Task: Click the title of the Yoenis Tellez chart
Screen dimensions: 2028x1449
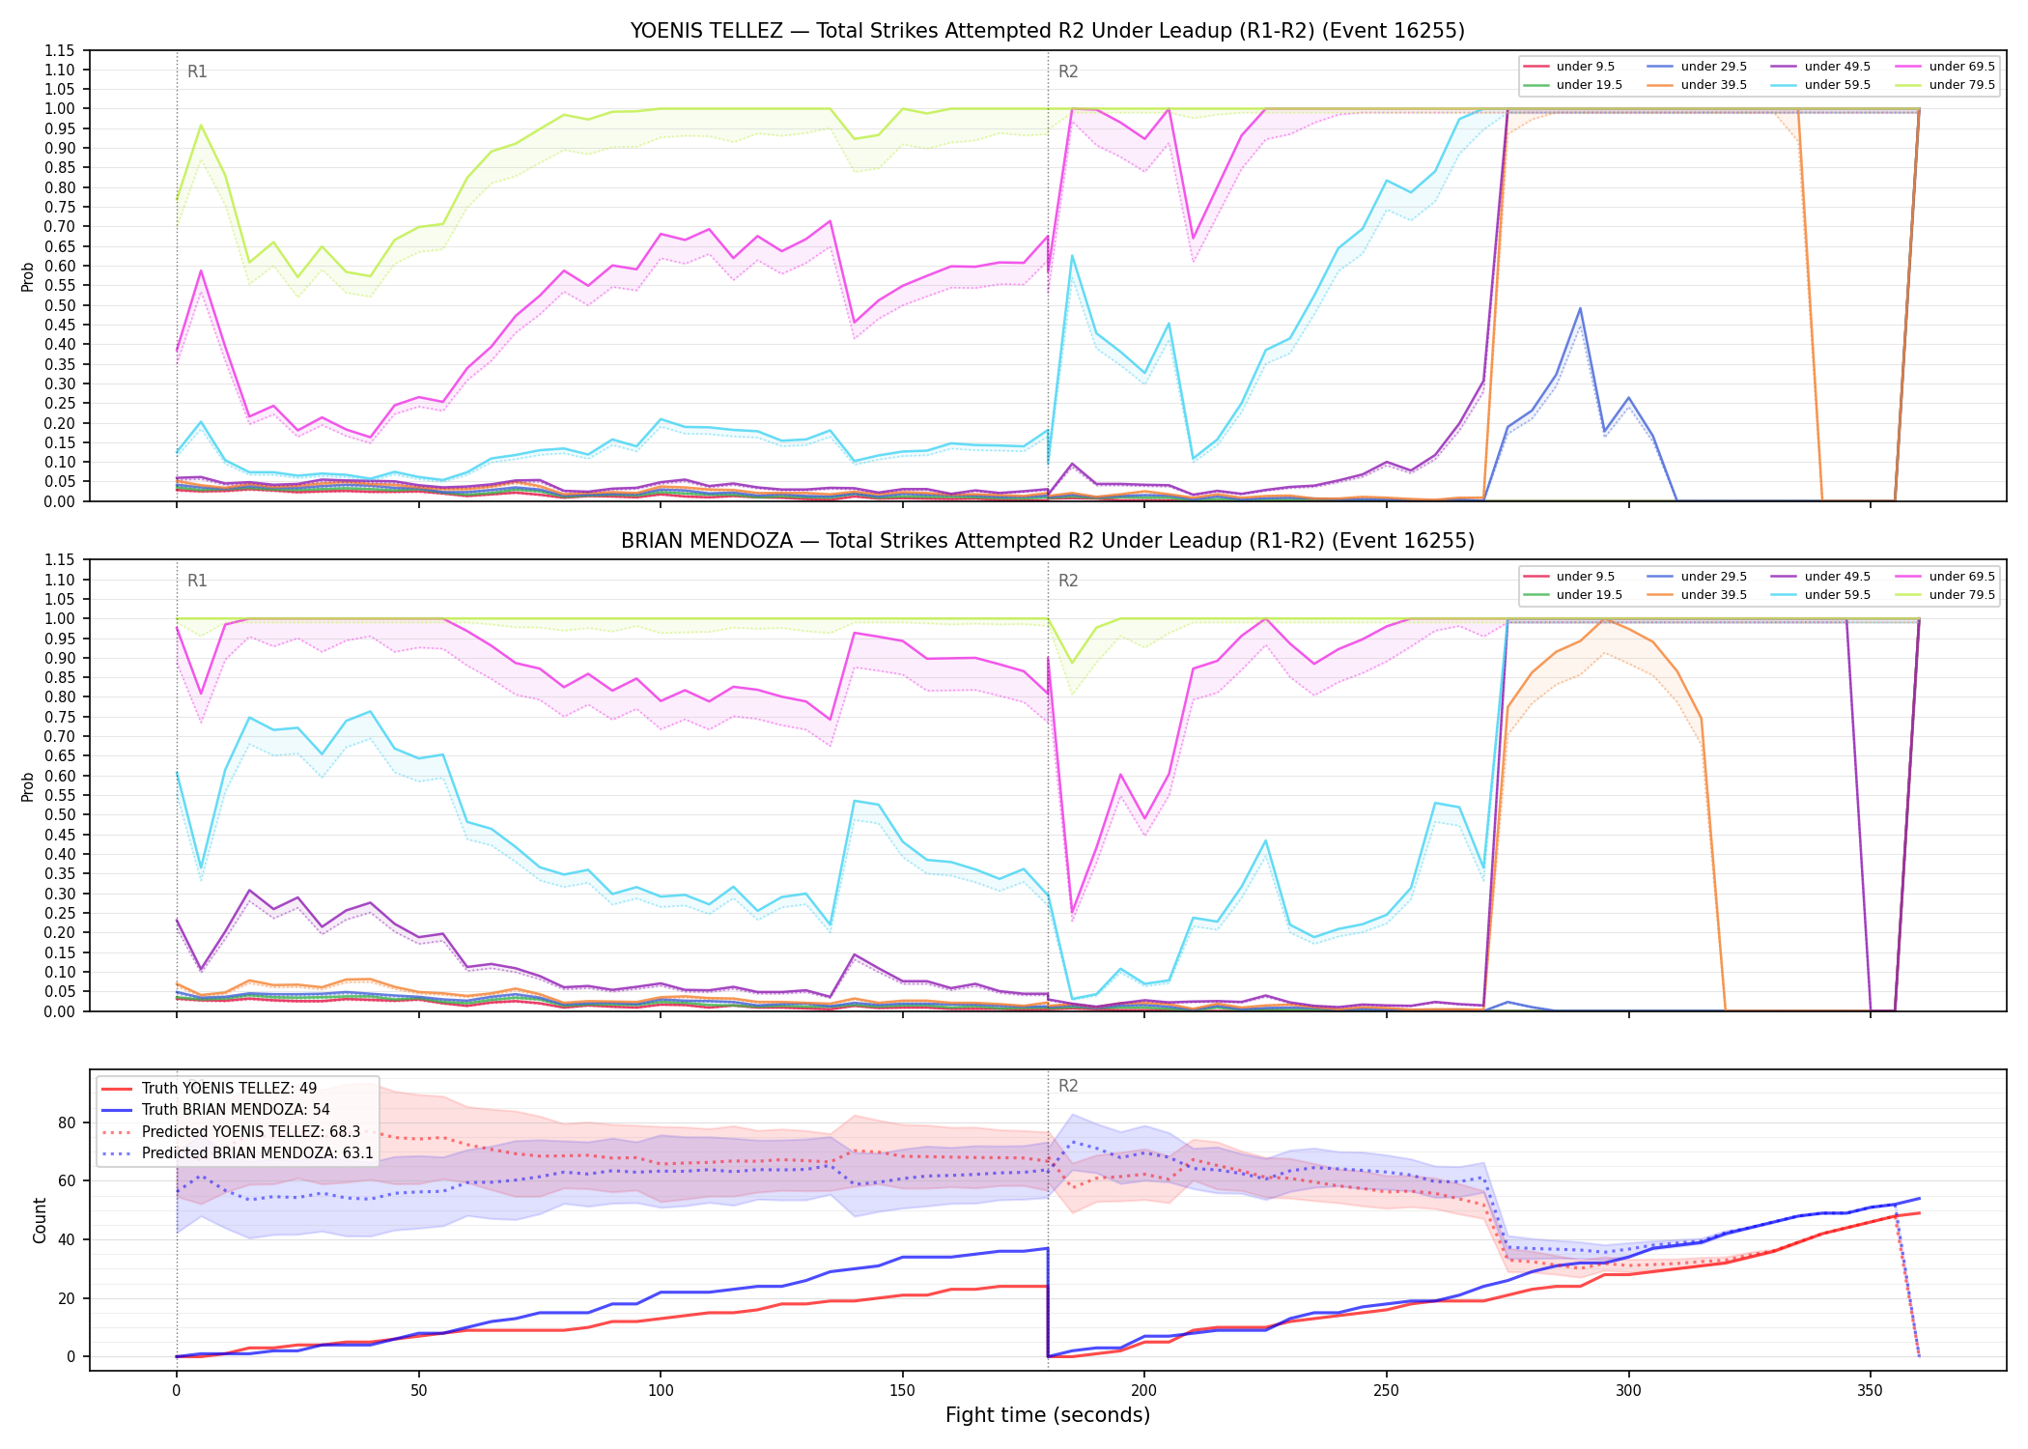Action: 1048,31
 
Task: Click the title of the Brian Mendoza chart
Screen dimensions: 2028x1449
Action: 1048,541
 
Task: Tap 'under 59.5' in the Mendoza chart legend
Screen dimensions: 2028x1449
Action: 1838,595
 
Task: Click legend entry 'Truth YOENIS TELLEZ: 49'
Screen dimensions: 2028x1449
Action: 229,1089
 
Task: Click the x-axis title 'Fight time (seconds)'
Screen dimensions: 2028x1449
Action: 1048,1415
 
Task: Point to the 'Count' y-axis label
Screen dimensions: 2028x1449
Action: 40,1220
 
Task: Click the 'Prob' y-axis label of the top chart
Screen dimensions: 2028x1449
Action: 28,276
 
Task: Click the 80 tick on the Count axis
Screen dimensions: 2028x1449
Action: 66,1122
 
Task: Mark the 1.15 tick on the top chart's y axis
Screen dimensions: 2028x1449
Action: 60,50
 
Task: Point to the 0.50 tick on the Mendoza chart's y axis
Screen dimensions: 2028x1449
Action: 60,814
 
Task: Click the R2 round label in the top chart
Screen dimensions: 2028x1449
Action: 1068,71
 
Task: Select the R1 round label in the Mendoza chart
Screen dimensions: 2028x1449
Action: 197,581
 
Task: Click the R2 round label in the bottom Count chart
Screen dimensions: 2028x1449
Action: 1068,1086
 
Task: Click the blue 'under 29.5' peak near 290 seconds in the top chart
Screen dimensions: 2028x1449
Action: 1580,308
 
